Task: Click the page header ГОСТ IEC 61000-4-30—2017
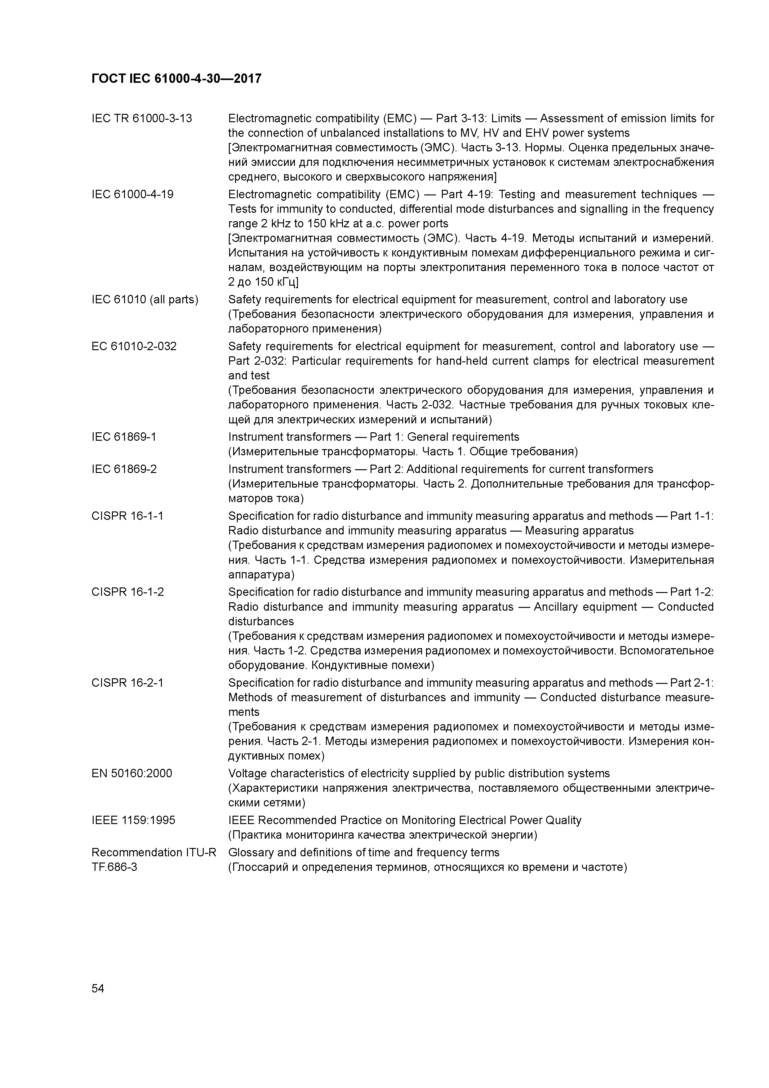click(176, 79)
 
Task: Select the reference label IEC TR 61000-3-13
click(142, 118)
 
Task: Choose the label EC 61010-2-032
click(134, 346)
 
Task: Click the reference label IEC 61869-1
click(124, 437)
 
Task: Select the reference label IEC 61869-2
click(124, 469)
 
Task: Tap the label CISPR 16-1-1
click(127, 516)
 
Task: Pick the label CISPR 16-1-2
click(127, 592)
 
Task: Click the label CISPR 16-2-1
click(127, 683)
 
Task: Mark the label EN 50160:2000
click(132, 773)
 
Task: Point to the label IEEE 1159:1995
click(133, 820)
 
